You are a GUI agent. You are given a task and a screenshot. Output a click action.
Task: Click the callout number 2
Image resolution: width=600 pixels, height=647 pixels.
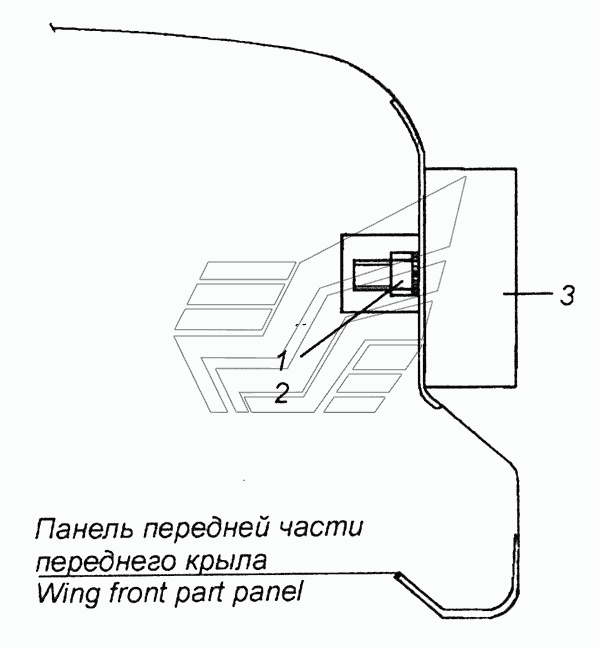[283, 393]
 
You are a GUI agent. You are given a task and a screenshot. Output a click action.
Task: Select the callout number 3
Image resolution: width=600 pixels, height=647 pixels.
[566, 295]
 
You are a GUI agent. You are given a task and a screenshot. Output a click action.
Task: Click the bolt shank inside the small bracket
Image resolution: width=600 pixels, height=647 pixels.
[371, 273]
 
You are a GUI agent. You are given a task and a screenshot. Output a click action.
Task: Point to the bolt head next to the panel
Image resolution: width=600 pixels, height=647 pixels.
[402, 273]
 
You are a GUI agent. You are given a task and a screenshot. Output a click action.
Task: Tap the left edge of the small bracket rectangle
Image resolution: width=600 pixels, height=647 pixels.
[342, 271]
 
